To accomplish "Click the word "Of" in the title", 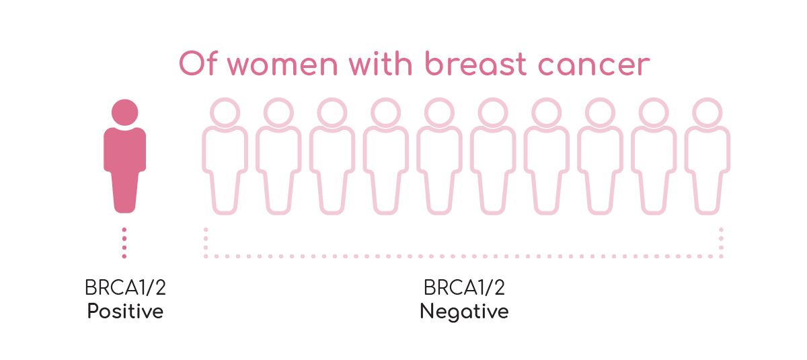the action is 198,63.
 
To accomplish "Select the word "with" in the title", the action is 381,63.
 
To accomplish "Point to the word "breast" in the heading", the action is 476,63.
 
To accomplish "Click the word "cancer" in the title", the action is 594,65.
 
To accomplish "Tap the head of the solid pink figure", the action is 124,112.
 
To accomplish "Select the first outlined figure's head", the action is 225,112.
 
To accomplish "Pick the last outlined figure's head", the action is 707,112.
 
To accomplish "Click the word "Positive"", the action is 125,311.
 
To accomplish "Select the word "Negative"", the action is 464,312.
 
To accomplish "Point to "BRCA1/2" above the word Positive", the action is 125,287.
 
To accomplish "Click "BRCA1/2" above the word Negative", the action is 464,287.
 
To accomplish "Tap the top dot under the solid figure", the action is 124,229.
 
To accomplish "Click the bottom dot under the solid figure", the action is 124,256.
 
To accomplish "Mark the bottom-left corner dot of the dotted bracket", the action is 206,256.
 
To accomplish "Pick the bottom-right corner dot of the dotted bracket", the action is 721,256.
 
